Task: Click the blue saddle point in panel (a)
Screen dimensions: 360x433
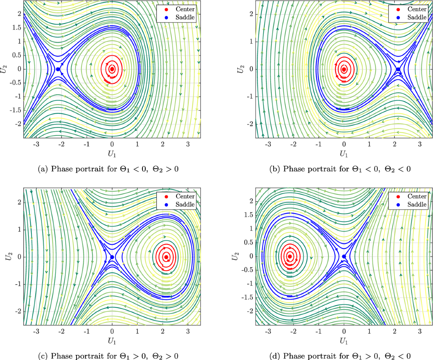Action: pyautogui.click(x=58, y=69)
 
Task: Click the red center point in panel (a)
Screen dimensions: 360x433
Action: pyautogui.click(x=112, y=69)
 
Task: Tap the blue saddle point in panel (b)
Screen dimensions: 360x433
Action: pyautogui.click(x=398, y=69)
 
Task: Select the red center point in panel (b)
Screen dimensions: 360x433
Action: pyautogui.click(x=344, y=69)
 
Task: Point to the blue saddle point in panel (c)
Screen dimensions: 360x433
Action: pyautogui.click(x=112, y=257)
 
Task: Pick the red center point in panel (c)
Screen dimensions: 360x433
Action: pyautogui.click(x=166, y=257)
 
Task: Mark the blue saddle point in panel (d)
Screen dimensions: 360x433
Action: pyautogui.click(x=344, y=256)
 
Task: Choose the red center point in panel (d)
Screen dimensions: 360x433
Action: pyautogui.click(x=289, y=256)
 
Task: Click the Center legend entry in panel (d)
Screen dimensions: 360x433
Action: pyautogui.click(x=413, y=197)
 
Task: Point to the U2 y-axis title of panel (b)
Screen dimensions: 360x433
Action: pyautogui.click(x=239, y=69)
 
